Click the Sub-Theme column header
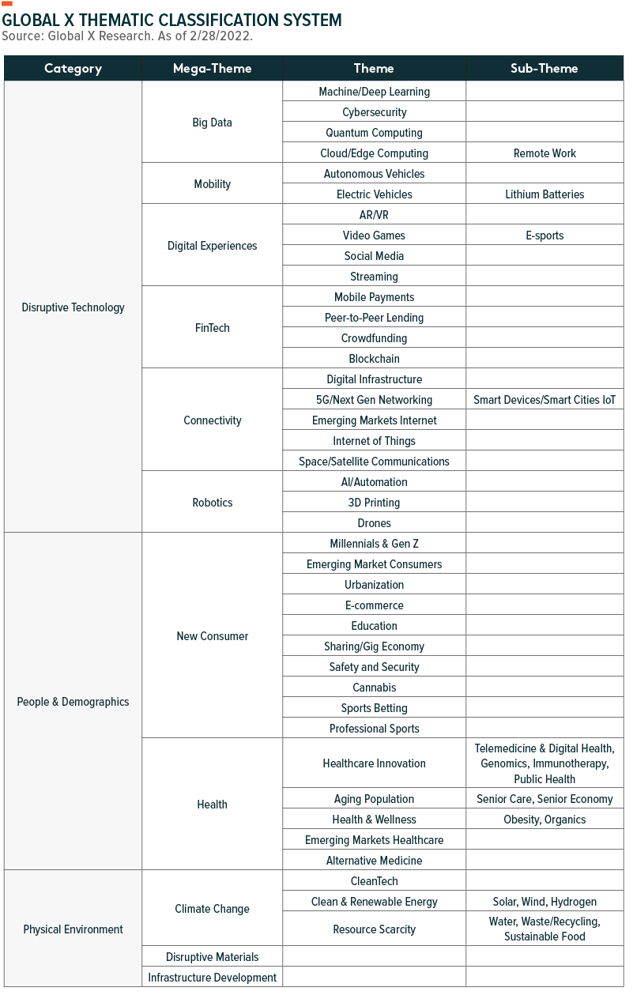point(544,69)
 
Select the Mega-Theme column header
point(212,69)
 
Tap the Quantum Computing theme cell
point(374,133)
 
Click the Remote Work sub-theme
point(544,153)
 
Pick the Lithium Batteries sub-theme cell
point(544,194)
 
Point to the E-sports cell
point(544,236)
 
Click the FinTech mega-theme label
point(212,327)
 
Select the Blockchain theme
point(374,359)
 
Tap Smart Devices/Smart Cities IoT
point(544,400)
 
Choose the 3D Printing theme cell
point(374,503)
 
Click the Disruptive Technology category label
point(73,307)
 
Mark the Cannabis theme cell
point(374,688)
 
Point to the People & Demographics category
point(73,702)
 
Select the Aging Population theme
point(374,799)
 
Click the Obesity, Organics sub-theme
point(544,820)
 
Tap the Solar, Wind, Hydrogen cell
point(544,902)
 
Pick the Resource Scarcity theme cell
point(374,929)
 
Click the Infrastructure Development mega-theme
point(212,978)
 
